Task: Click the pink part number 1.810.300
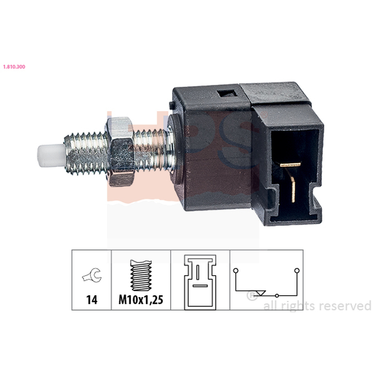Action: pyautogui.click(x=14, y=67)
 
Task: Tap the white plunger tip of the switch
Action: pyautogui.click(x=51, y=156)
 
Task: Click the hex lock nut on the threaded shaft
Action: pyautogui.click(x=120, y=151)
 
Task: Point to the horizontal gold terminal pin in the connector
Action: pyautogui.click(x=290, y=165)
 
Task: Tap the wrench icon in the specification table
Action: pyautogui.click(x=92, y=275)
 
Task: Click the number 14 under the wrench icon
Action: pyautogui.click(x=91, y=300)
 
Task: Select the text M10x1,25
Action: pyautogui.click(x=141, y=300)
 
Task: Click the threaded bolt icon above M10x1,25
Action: pyautogui.click(x=141, y=275)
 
